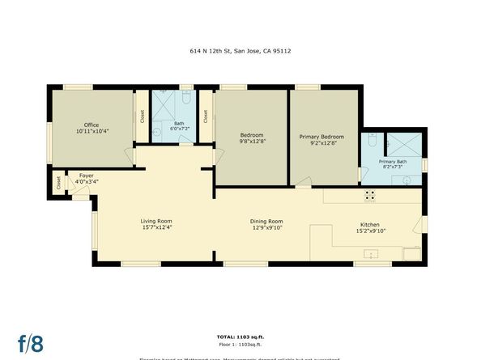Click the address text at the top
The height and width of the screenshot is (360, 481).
240,50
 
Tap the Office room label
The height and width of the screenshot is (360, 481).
92,125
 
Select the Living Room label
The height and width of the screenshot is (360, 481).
156,221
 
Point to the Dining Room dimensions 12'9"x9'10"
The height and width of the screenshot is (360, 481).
266,227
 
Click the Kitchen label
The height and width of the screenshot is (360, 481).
370,225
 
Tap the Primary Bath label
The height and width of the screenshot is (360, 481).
393,162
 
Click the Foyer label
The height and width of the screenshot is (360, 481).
85,176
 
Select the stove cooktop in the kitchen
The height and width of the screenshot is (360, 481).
369,194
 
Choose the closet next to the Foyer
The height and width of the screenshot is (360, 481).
58,183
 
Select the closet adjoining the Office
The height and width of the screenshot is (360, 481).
141,116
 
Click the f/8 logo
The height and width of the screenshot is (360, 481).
31,343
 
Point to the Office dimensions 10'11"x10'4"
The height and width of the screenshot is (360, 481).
92,131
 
